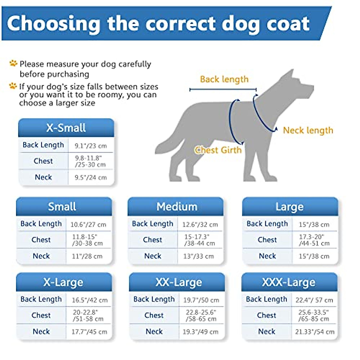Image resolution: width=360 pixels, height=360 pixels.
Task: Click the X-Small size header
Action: [66, 128]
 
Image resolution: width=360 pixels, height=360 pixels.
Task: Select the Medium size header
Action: [177, 207]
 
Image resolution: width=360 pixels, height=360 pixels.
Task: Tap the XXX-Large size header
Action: [289, 282]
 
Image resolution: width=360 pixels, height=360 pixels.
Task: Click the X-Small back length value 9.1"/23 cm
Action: [91, 146]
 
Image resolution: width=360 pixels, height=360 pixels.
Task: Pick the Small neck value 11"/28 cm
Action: [87, 256]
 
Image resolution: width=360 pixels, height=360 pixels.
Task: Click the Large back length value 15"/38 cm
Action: [314, 224]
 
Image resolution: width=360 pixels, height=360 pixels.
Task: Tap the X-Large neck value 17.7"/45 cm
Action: [89, 332]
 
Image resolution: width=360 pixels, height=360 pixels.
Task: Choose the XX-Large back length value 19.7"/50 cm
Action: [201, 300]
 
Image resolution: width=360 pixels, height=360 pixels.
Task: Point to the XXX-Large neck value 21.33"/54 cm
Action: [314, 332]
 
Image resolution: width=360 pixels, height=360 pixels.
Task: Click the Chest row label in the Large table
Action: [267, 240]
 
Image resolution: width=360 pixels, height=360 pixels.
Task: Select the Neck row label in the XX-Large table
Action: [154, 331]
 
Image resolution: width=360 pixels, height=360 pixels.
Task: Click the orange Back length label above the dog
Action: [224, 79]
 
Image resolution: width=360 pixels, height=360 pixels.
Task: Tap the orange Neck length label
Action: [308, 130]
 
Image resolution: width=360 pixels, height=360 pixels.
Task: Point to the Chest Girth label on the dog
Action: [218, 150]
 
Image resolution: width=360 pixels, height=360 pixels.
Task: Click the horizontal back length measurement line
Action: [223, 89]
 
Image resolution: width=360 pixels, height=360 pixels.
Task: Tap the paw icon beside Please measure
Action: [13, 63]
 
